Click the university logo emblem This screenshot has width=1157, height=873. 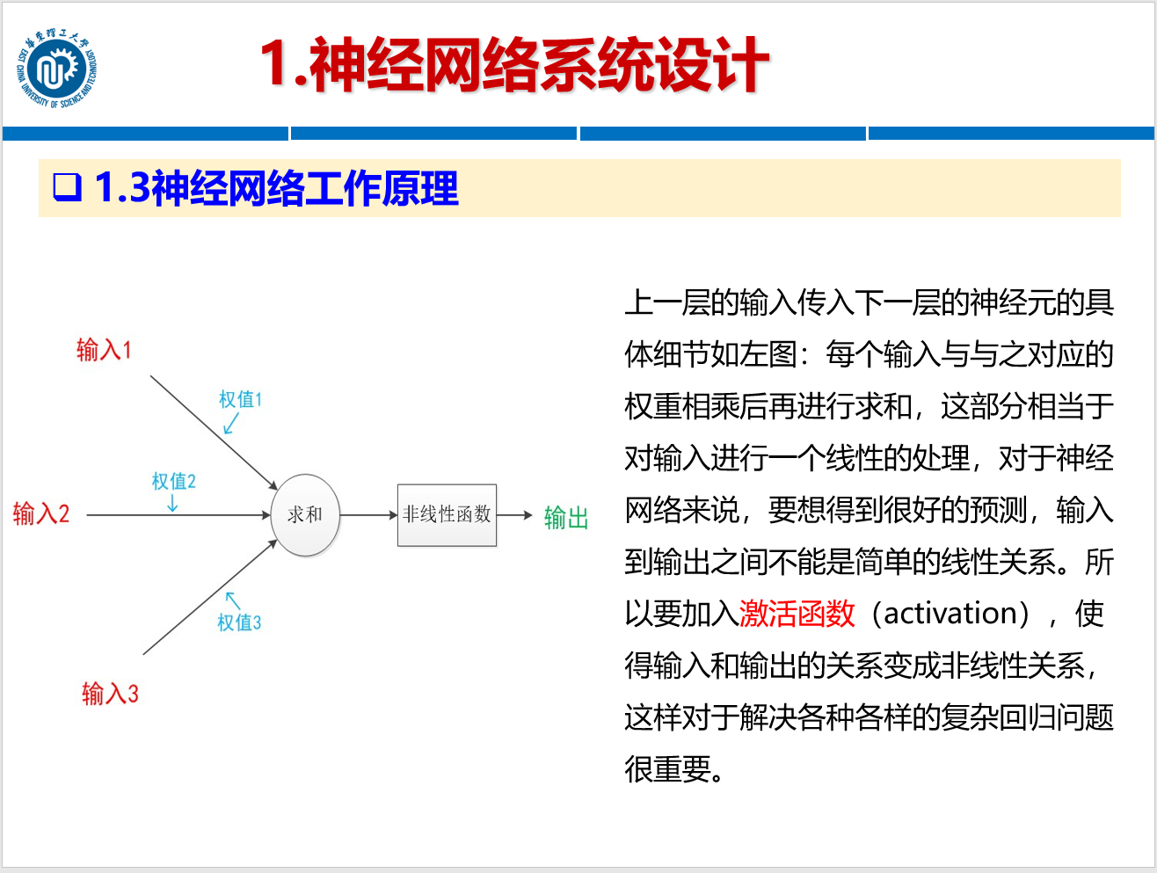pyautogui.click(x=56, y=69)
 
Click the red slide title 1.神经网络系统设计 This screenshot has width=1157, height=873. pyautogui.click(x=514, y=65)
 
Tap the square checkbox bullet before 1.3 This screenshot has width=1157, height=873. pyautogui.click(x=67, y=187)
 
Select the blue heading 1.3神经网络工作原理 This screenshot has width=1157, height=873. pyautogui.click(x=276, y=188)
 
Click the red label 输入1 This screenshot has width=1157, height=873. pyautogui.click(x=104, y=350)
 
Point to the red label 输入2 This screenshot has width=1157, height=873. pyautogui.click(x=41, y=513)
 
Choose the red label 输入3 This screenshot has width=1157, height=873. pyautogui.click(x=110, y=694)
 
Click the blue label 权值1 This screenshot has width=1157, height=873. pyautogui.click(x=240, y=399)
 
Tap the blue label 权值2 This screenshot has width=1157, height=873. pyautogui.click(x=173, y=481)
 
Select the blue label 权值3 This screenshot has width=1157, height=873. pyautogui.click(x=239, y=622)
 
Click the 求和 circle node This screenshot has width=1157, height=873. pyautogui.click(x=304, y=514)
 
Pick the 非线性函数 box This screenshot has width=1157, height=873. pyautogui.click(x=447, y=514)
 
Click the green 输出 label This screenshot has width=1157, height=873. pyautogui.click(x=565, y=517)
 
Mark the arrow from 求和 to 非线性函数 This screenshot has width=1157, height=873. pyautogui.click(x=368, y=515)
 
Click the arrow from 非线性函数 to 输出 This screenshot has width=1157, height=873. pyautogui.click(x=515, y=515)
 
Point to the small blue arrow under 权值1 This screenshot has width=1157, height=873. pyautogui.click(x=231, y=424)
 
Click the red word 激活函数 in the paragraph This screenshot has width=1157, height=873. pyautogui.click(x=797, y=613)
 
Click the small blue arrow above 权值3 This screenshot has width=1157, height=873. pyautogui.click(x=232, y=600)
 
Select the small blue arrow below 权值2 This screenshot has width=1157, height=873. pyautogui.click(x=172, y=503)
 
